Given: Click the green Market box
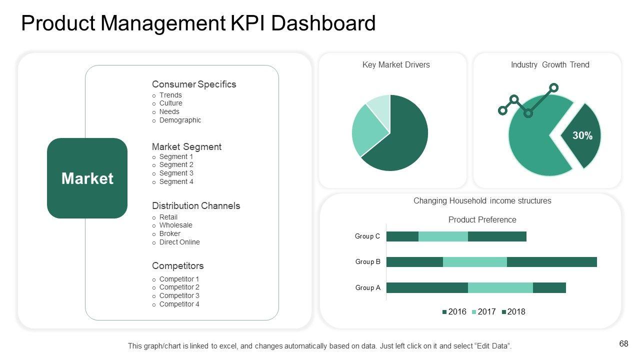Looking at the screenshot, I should coord(87,178).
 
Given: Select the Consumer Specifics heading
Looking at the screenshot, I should coord(194,84).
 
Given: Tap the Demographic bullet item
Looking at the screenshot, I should coord(180,120).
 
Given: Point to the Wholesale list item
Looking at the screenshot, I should coord(175,225).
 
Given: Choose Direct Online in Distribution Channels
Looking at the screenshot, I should coord(179,242).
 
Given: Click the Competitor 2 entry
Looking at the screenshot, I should coord(179,287).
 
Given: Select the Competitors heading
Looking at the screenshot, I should coord(177,265).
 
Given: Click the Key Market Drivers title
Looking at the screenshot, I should coord(396,64).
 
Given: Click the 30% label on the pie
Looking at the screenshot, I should coord(582,135).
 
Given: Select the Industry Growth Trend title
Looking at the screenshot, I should coord(550,64).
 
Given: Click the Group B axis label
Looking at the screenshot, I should coord(368,261).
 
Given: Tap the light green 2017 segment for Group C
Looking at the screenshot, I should coord(443,236).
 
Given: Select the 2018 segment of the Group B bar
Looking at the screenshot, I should coord(551,262).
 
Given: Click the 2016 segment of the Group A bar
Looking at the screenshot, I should coord(427,287).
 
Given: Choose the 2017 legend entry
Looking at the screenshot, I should coord(483,312).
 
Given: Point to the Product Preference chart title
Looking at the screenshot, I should coord(482,219).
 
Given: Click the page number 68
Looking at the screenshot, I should coord(623,343).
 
